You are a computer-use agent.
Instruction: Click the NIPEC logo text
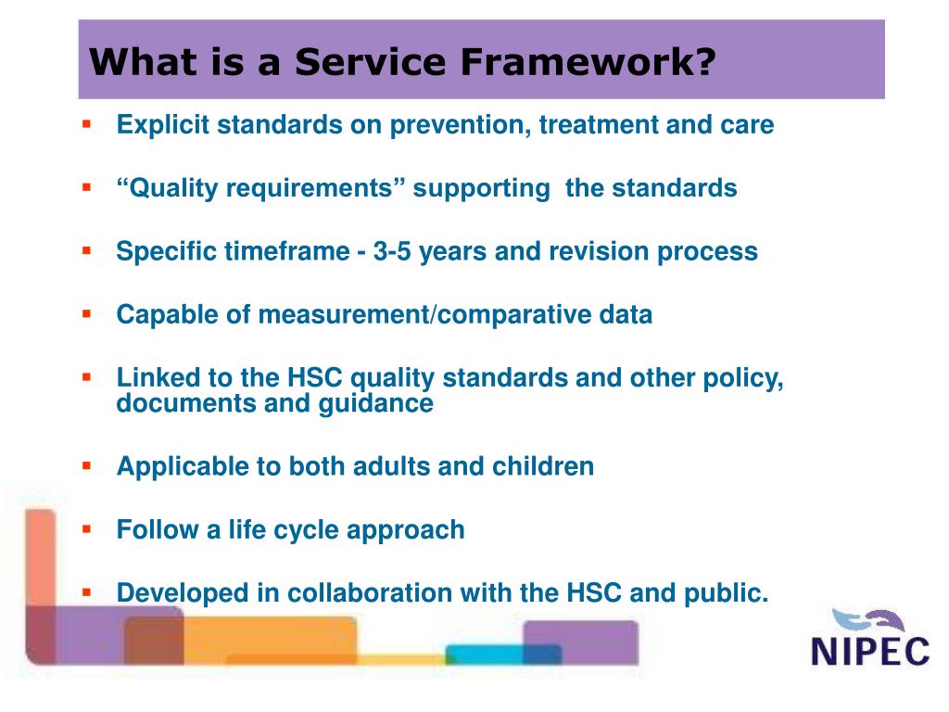coord(870,652)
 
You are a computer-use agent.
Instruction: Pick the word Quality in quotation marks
coord(173,188)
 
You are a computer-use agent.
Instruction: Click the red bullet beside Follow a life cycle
coord(86,529)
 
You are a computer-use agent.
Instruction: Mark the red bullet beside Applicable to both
coord(86,465)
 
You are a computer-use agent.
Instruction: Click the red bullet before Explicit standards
coord(86,124)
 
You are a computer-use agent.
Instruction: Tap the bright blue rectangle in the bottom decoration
coord(484,655)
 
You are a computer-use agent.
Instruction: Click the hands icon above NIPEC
coord(867,621)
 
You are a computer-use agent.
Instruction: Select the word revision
coord(600,251)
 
